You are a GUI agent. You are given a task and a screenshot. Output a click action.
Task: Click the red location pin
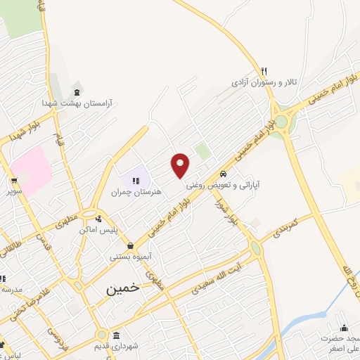pyautogui.click(x=181, y=165)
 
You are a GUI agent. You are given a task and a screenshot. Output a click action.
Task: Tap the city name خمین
pyautogui.click(x=122, y=288)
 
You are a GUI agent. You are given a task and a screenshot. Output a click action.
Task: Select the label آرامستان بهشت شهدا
pyautogui.click(x=77, y=103)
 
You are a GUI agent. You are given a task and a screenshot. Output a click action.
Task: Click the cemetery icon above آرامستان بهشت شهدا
pyautogui.click(x=77, y=91)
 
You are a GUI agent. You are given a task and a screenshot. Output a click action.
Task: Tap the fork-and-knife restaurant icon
pyautogui.click(x=264, y=71)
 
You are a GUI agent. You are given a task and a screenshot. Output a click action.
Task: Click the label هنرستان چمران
pyautogui.click(x=136, y=191)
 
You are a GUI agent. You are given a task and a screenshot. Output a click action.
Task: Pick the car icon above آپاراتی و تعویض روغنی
pyautogui.click(x=222, y=174)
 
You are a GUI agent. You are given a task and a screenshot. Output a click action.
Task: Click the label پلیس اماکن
pyautogui.click(x=116, y=230)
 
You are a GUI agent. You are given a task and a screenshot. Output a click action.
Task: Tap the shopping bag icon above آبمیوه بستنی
pyautogui.click(x=131, y=245)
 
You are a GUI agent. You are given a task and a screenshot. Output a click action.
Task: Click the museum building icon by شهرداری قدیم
pyautogui.click(x=115, y=335)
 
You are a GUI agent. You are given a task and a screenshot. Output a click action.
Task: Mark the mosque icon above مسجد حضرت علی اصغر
pyautogui.click(x=344, y=328)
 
